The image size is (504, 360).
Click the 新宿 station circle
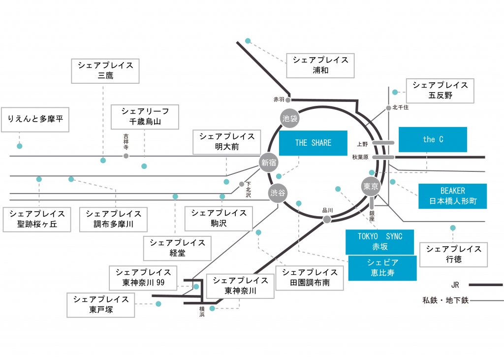pyautogui.click(x=269, y=163)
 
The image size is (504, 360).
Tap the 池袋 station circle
pyautogui.click(x=290, y=119)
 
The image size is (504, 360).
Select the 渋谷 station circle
pyautogui.click(x=278, y=194)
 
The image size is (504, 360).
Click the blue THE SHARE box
pyautogui.click(x=313, y=143)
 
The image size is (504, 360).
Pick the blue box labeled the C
pyautogui.click(x=433, y=139)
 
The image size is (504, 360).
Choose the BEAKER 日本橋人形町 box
pyautogui.click(x=452, y=196)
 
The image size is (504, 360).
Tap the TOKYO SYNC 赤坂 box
pyautogui.click(x=379, y=242)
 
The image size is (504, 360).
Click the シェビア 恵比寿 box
pyautogui.click(x=382, y=267)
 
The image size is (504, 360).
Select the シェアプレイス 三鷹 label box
pyautogui.click(x=105, y=71)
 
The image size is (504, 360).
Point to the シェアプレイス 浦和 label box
pyautogui.click(x=320, y=65)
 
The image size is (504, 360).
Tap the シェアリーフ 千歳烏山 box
pyautogui.click(x=145, y=116)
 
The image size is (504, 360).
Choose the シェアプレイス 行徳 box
pyautogui.click(x=453, y=254)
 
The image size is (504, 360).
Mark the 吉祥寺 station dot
pyautogui.click(x=126, y=156)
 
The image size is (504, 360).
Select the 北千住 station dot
pyautogui.click(x=388, y=108)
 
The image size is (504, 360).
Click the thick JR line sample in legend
pyautogui.click(x=485, y=285)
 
